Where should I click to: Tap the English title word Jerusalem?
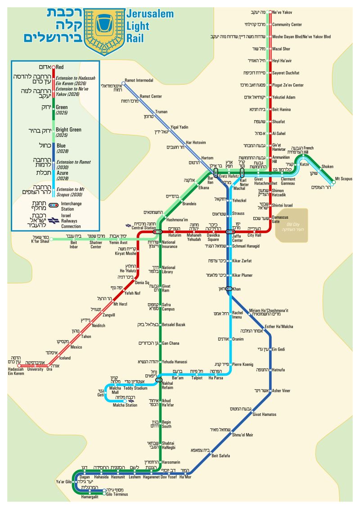click(150, 14)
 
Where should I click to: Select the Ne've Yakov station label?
click(282, 12)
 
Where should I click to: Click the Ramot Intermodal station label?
click(139, 81)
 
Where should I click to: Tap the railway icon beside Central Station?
click(128, 225)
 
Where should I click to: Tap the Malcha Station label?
click(125, 405)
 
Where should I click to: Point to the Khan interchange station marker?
click(229, 288)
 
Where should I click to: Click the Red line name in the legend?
click(59, 68)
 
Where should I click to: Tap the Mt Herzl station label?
click(121, 304)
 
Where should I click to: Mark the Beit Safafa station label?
click(220, 456)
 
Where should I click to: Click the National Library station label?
click(169, 270)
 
